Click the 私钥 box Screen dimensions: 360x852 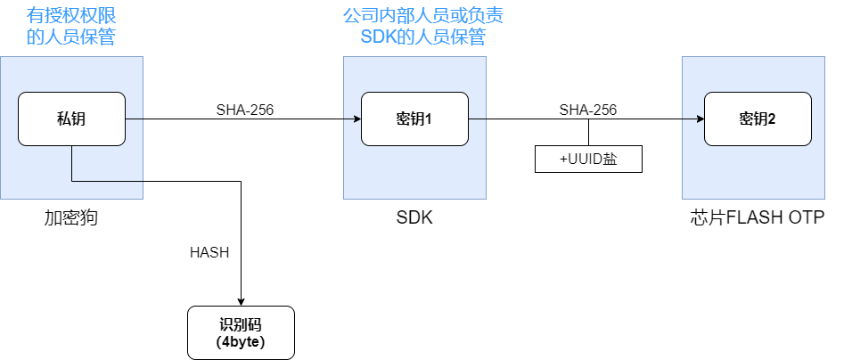71,119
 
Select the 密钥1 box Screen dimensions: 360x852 414,119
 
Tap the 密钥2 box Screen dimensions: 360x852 757,119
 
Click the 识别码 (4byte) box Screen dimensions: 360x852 241,332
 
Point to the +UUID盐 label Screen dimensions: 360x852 588,159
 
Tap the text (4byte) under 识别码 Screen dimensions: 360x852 241,341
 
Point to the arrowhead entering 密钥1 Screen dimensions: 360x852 356,119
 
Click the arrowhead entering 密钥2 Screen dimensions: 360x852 700,119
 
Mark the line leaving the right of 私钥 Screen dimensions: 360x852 134,119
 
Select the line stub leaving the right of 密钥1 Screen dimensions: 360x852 477,119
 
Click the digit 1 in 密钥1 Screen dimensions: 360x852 429,119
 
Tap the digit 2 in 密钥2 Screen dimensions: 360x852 772,119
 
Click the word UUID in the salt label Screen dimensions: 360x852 585,159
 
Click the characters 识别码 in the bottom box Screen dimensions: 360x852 241,324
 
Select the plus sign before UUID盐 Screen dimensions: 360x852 563,159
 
